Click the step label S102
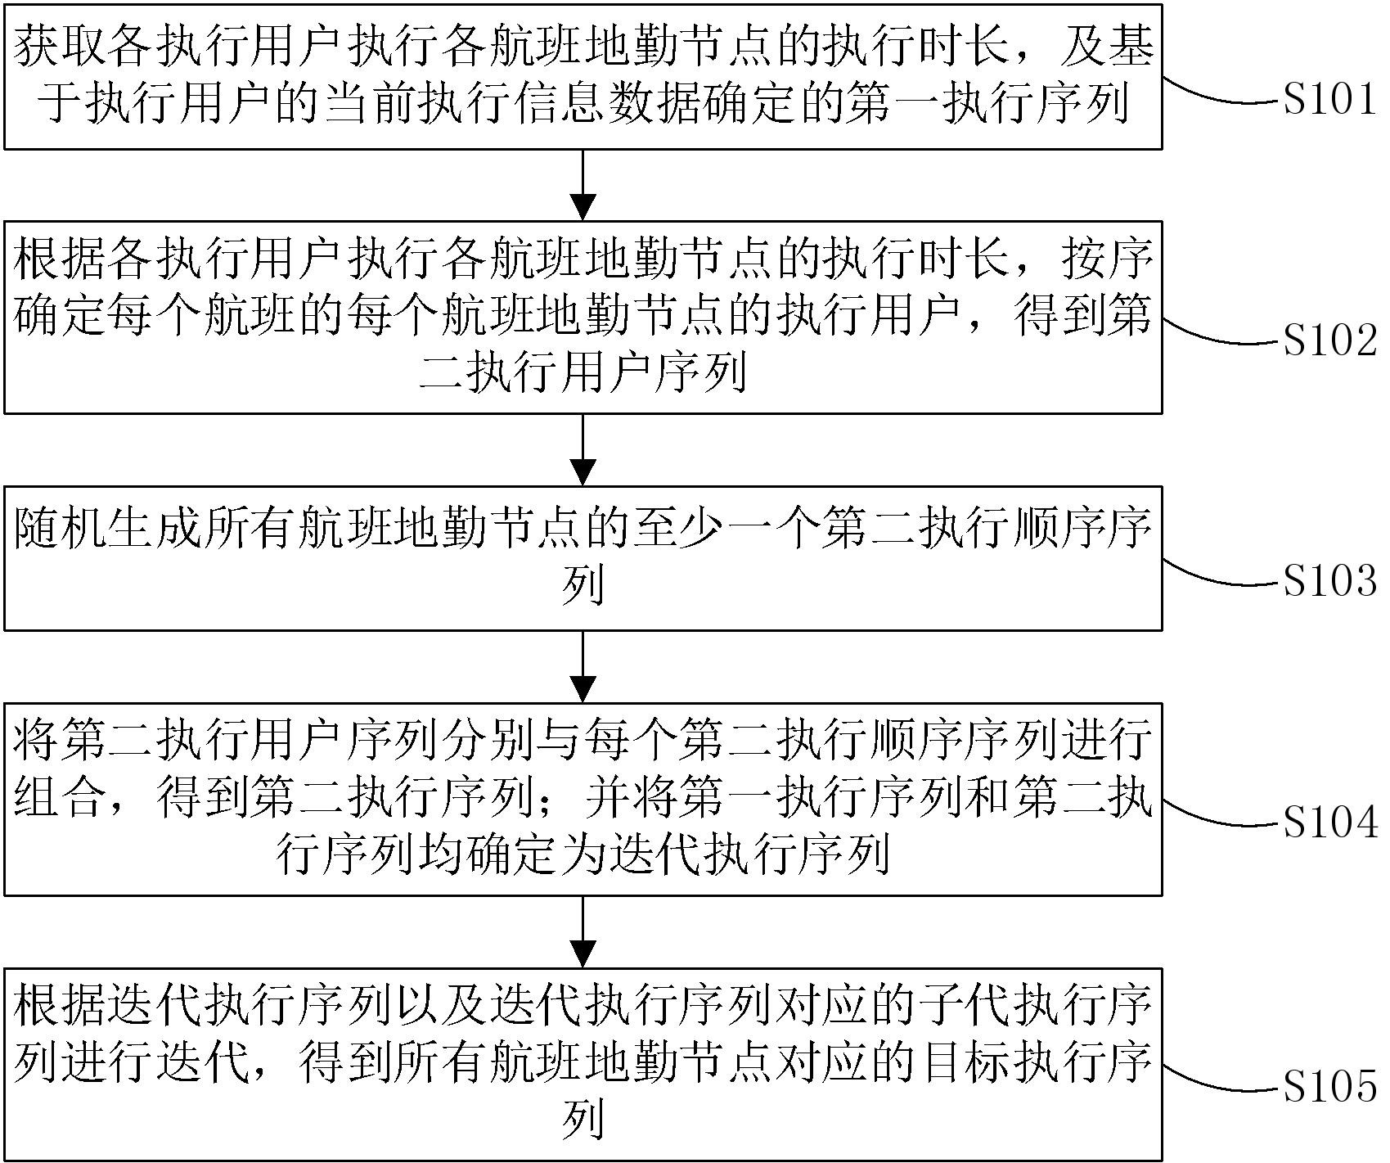point(1329,341)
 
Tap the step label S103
point(1329,582)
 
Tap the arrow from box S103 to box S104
point(583,666)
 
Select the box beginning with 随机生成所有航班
point(583,558)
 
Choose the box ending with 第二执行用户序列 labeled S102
point(583,317)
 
